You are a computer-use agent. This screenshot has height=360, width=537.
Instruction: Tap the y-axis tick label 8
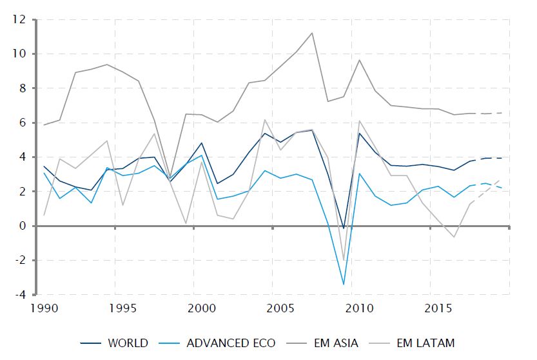[21, 88]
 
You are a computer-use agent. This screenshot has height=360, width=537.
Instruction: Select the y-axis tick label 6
[21, 123]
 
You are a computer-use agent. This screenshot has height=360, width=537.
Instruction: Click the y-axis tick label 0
[21, 226]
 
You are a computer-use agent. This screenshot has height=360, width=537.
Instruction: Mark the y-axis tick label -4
[19, 295]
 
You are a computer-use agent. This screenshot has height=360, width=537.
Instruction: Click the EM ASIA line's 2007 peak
[312, 33]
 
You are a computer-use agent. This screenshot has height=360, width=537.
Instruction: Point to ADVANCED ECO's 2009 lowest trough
[343, 285]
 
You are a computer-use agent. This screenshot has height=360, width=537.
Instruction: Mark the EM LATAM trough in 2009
[344, 261]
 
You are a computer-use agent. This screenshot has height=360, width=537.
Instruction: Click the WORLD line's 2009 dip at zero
[344, 228]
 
